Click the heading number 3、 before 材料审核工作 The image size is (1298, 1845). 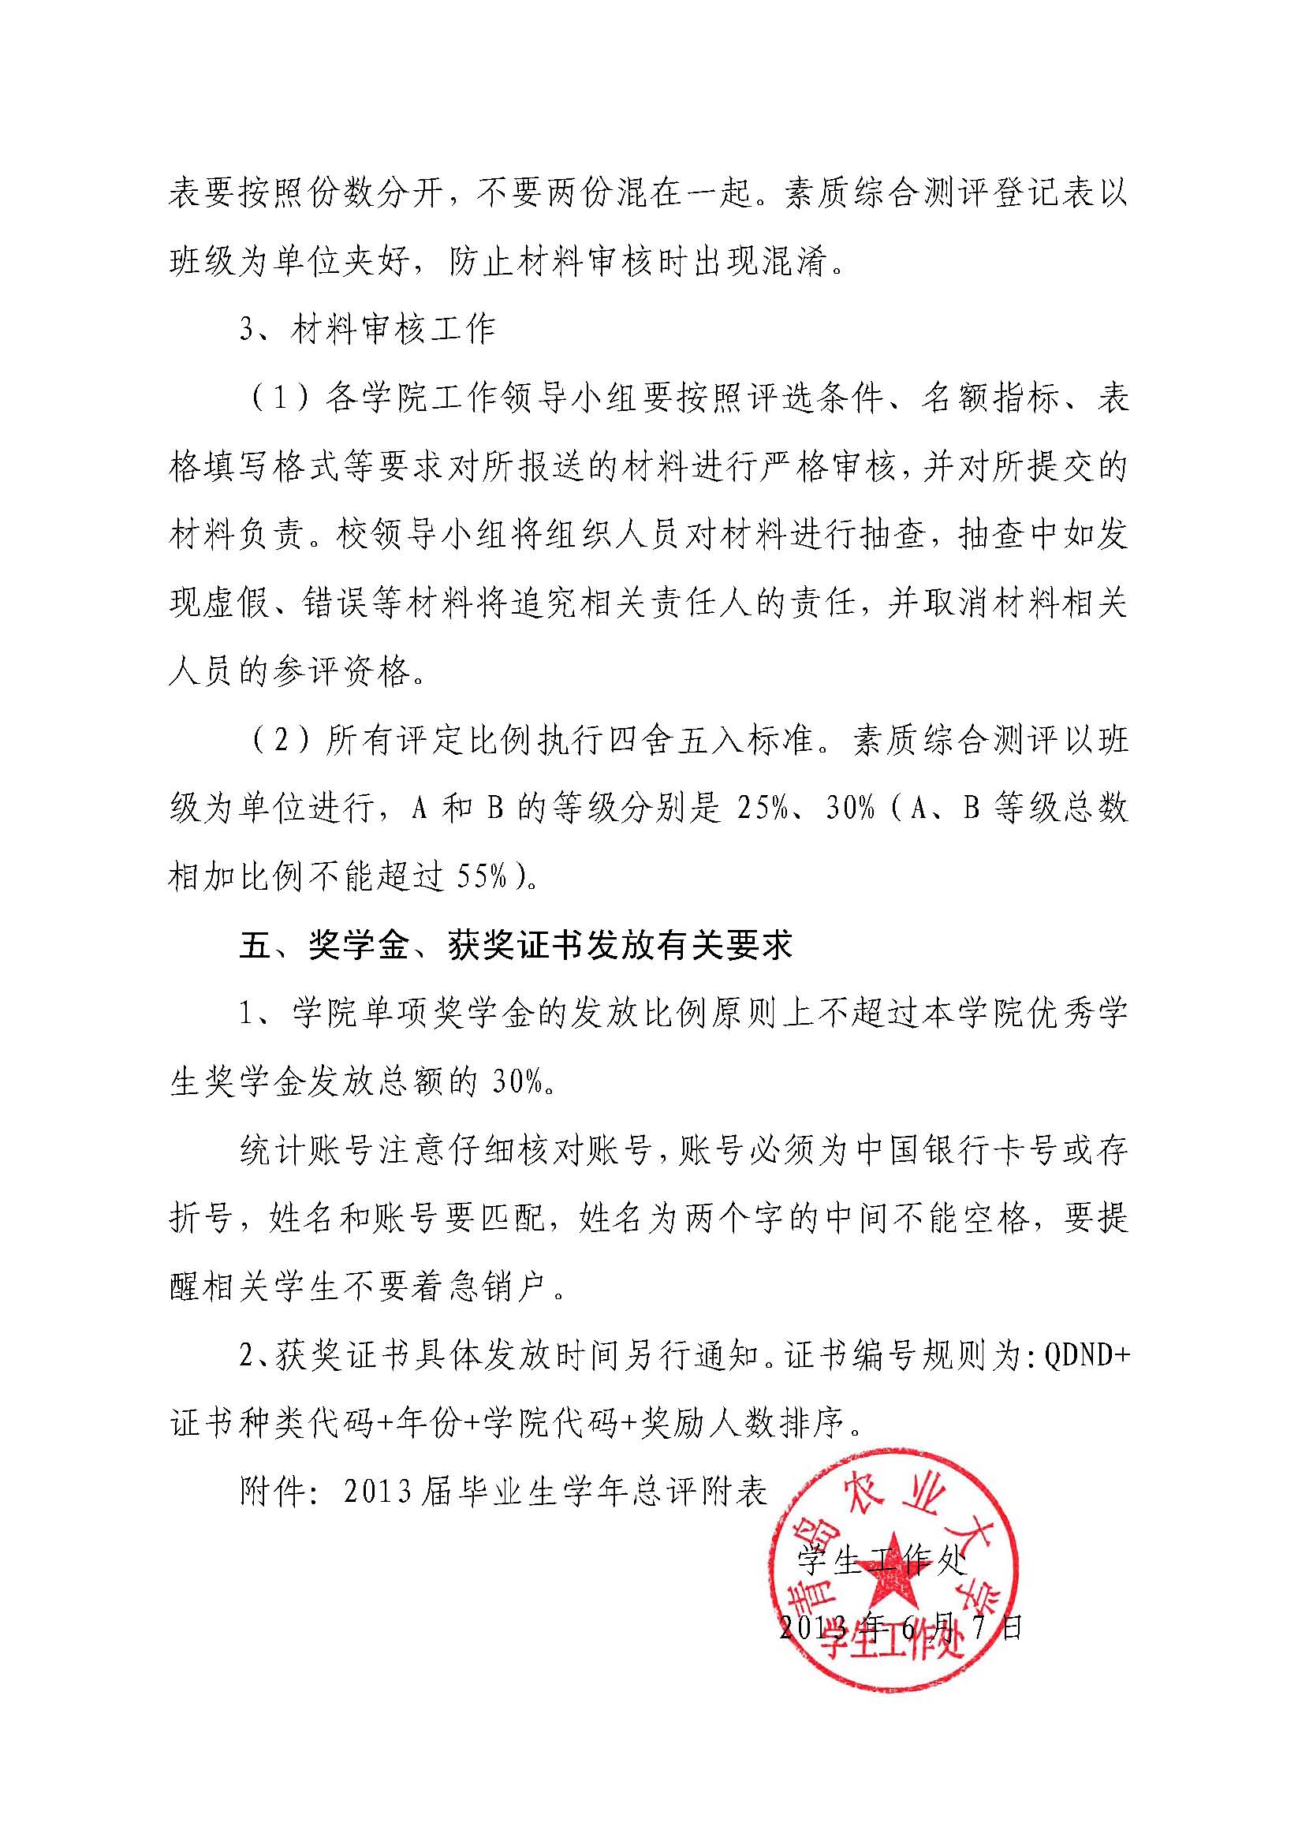tap(255, 331)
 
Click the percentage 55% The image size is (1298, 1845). tap(481, 876)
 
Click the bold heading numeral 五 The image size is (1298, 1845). tap(256, 945)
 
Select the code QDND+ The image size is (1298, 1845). tap(1084, 1356)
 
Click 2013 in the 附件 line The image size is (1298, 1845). tap(378, 1492)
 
